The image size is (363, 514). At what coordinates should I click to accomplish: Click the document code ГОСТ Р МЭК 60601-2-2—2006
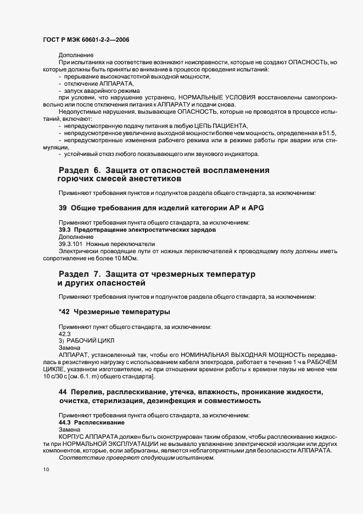(86, 40)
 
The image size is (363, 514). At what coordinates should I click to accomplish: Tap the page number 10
(46, 470)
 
